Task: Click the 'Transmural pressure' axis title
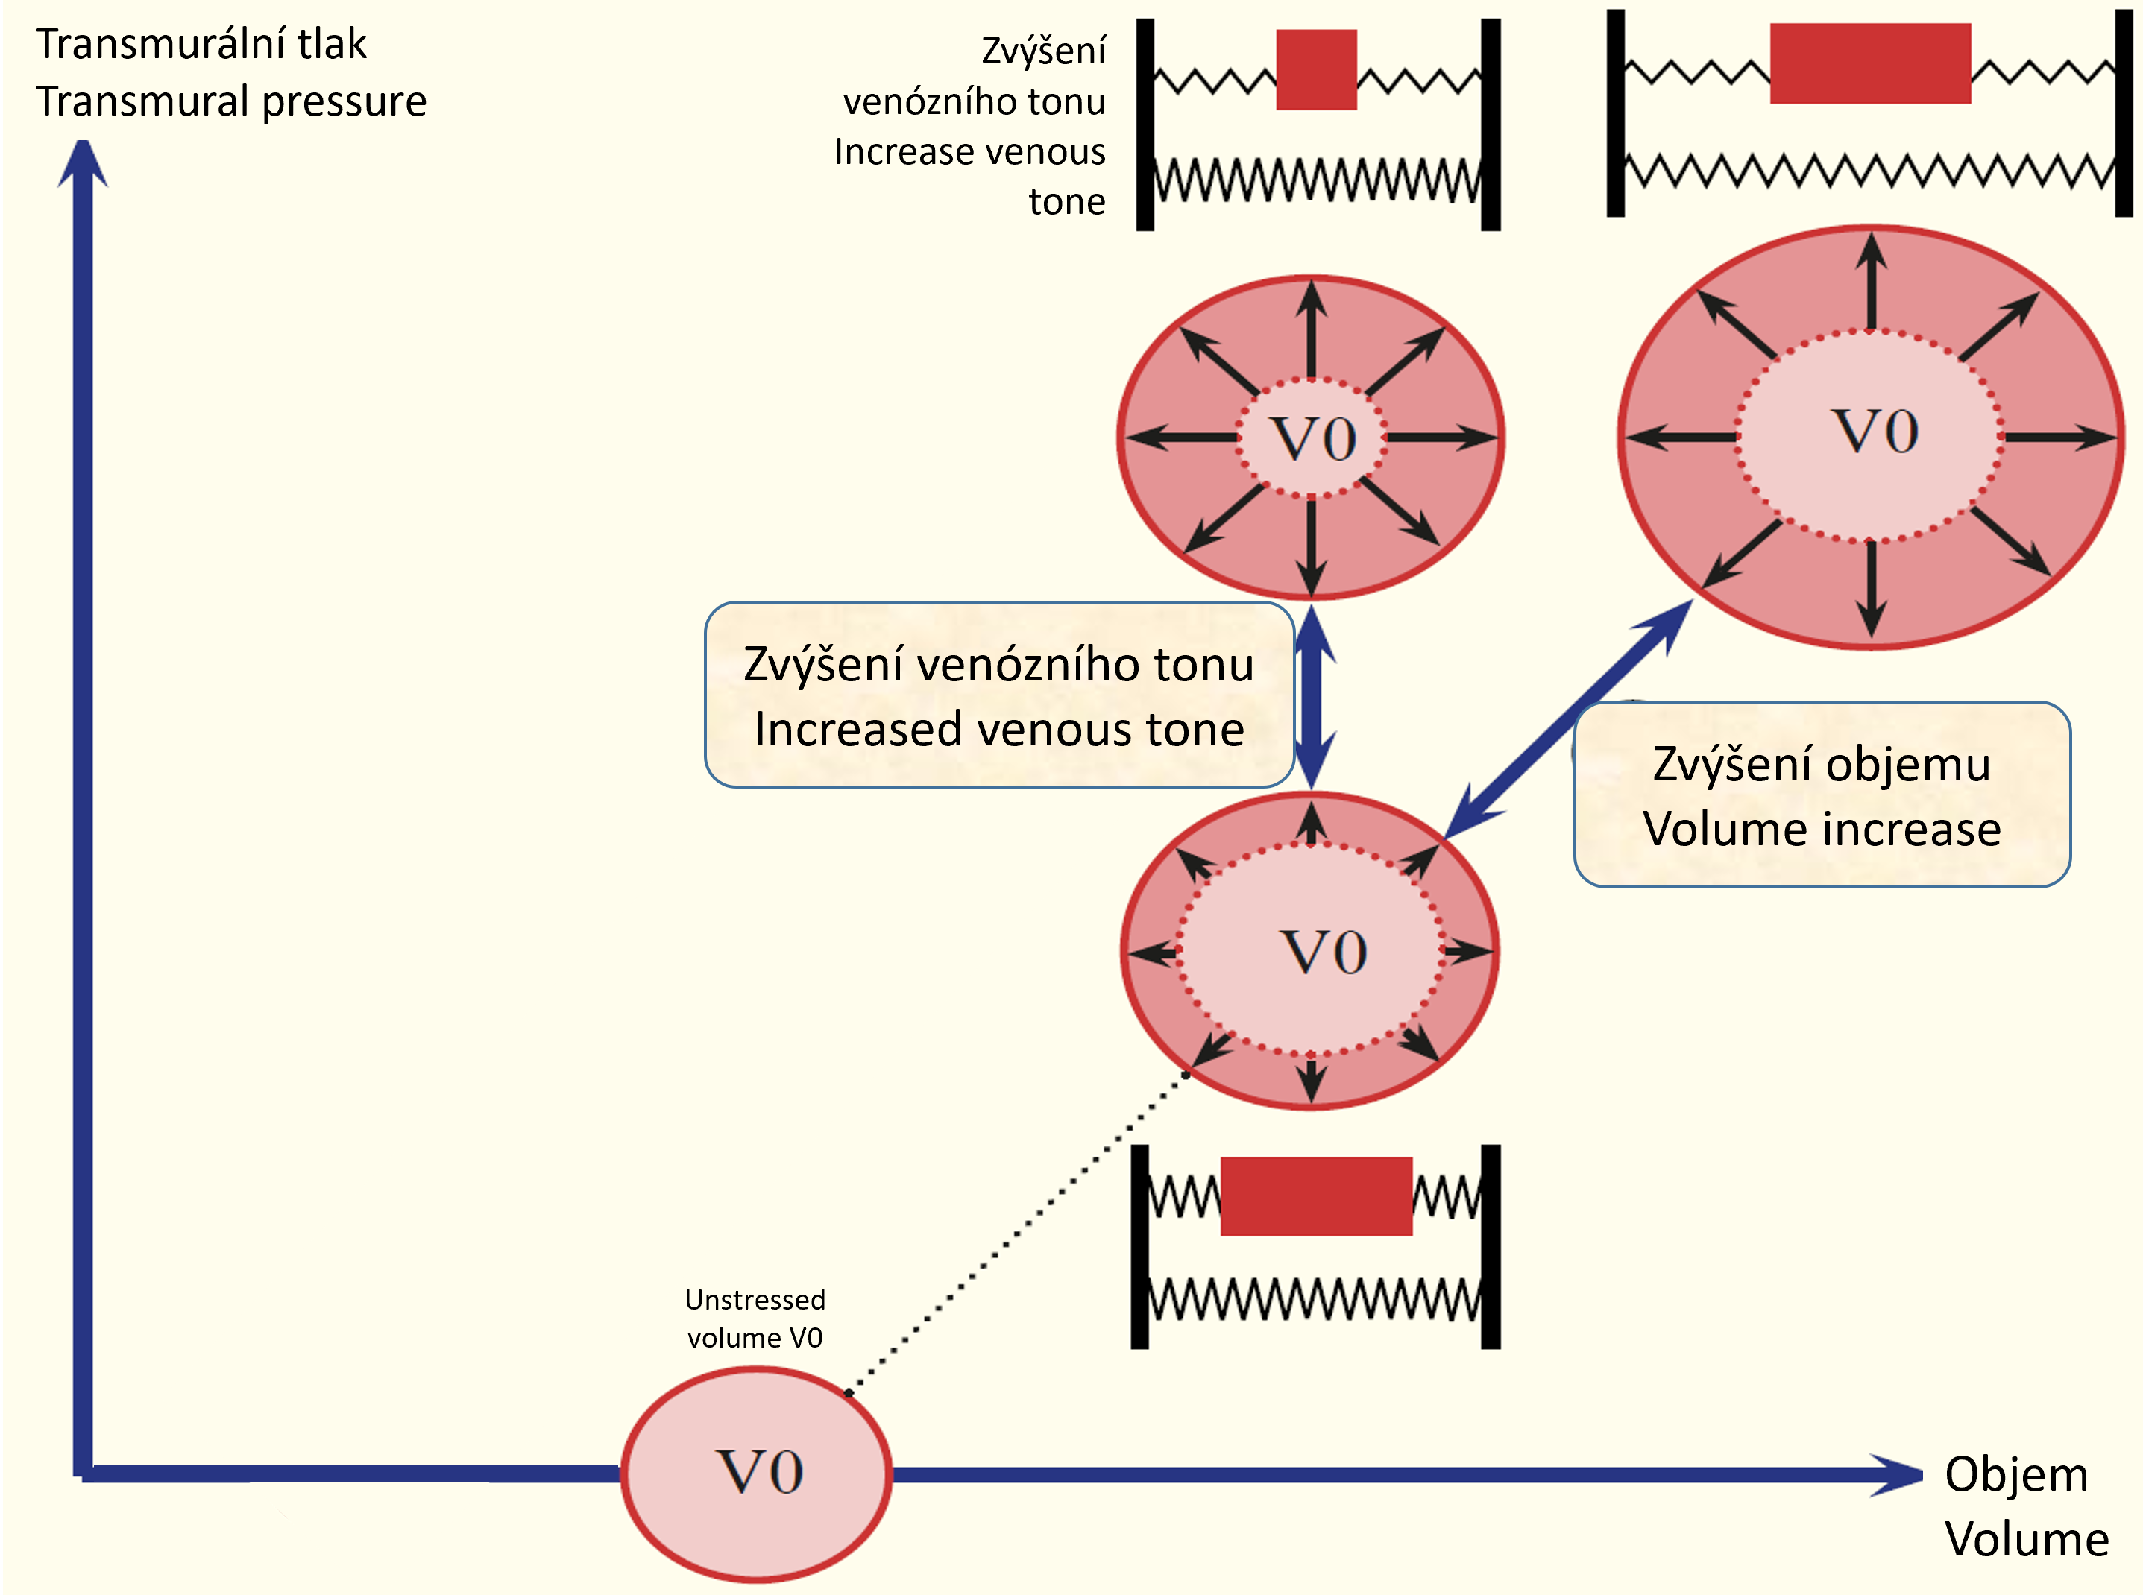point(231,101)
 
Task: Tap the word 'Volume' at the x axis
point(2026,1539)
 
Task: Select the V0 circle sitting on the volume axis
point(756,1474)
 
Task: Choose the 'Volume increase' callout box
point(1822,795)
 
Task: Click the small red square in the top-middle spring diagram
point(1315,69)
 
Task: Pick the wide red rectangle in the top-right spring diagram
point(1869,63)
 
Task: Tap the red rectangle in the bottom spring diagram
point(1315,1196)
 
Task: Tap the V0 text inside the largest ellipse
point(1875,432)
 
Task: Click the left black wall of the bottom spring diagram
point(1139,1246)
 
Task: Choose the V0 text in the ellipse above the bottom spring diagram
point(1323,953)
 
